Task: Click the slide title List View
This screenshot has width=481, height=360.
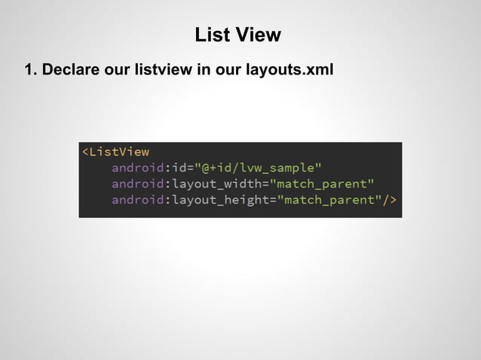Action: [237, 35]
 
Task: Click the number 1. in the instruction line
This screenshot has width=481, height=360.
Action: [31, 70]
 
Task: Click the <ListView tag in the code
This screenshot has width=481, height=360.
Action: [115, 152]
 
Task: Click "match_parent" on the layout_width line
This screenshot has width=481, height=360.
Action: [322, 184]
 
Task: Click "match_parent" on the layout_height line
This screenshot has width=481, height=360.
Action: [329, 200]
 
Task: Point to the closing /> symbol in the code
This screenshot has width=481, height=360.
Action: [389, 200]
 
